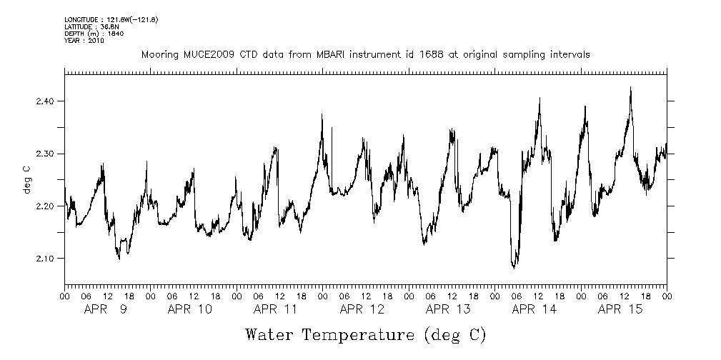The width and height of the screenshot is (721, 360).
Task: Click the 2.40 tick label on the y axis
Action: [x=46, y=101]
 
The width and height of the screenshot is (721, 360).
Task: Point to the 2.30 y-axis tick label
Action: [x=46, y=154]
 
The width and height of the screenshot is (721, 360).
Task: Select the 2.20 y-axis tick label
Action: [x=46, y=206]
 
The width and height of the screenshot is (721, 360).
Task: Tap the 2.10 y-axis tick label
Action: [x=46, y=258]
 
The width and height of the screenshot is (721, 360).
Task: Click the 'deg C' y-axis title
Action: [x=26, y=180]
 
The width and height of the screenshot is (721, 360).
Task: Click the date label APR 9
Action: [x=106, y=309]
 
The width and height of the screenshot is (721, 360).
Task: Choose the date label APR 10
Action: [x=190, y=309]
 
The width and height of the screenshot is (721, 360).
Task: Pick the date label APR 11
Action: [x=276, y=309]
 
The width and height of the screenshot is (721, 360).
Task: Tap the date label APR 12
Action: [x=362, y=309]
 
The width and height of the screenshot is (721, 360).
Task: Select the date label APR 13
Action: [x=448, y=309]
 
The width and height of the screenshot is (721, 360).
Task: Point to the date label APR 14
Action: [x=534, y=309]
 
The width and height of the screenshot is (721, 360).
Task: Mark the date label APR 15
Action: [x=620, y=309]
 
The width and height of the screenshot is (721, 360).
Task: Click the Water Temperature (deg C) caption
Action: [x=365, y=334]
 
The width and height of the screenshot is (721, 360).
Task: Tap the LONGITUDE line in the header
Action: [x=111, y=19]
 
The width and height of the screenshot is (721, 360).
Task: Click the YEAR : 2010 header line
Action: [x=84, y=41]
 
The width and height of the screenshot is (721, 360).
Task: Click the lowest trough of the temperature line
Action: [x=514, y=267]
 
